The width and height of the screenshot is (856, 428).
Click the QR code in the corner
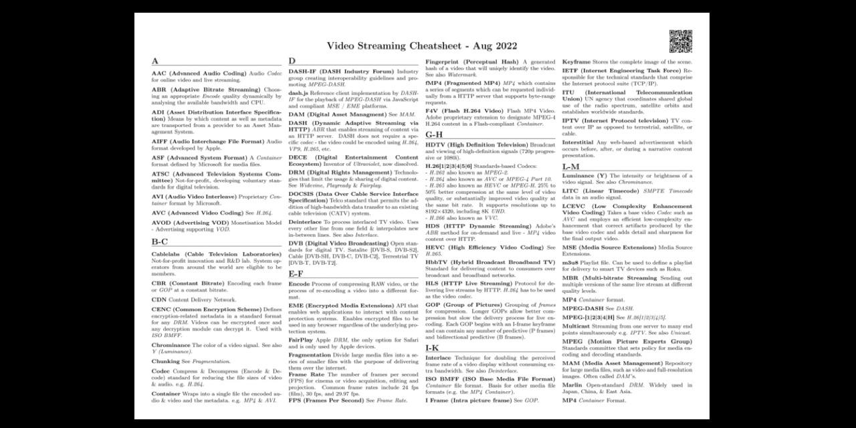click(681, 41)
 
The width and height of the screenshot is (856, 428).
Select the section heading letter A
click(155, 61)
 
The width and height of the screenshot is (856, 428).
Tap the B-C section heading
click(159, 241)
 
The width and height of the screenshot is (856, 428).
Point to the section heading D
click(292, 61)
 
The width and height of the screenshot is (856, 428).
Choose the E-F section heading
click(296, 274)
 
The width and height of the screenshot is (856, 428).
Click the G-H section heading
click(434, 134)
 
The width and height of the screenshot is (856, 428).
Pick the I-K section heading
click(432, 348)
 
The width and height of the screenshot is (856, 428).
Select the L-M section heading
click(570, 167)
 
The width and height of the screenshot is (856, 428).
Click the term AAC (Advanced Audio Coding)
click(199, 73)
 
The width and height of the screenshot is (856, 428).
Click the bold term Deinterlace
click(305, 221)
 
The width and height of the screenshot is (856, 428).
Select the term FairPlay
click(302, 340)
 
